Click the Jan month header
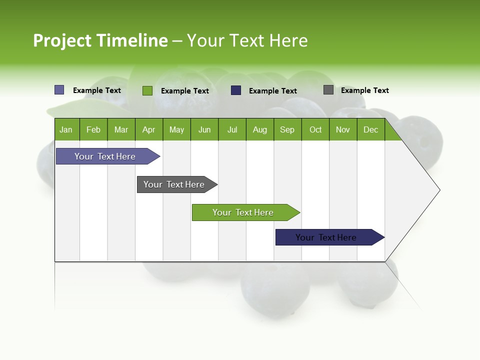click(66, 129)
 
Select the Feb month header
click(93, 129)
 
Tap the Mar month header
click(121, 129)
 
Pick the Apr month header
click(148, 129)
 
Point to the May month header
click(176, 129)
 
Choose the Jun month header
click(204, 129)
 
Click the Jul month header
click(232, 129)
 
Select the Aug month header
click(260, 129)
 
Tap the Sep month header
click(287, 129)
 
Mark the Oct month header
click(315, 129)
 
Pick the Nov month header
click(343, 129)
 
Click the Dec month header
click(371, 129)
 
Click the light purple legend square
click(59, 90)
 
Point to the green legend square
click(147, 90)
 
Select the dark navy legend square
click(236, 90)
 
